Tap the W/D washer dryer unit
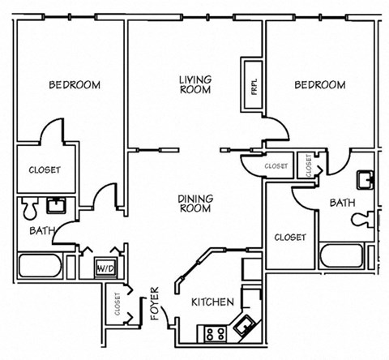pyautogui.click(x=105, y=267)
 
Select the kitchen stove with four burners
pyautogui.click(x=214, y=332)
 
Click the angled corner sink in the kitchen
pyautogui.click(x=242, y=328)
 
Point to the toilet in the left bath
pyautogui.click(x=28, y=209)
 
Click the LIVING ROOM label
pyautogui.click(x=195, y=84)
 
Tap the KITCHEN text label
pyautogui.click(x=212, y=302)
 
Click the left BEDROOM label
pyautogui.click(x=74, y=84)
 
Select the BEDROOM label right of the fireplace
pyautogui.click(x=319, y=84)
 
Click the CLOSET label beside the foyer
pyautogui.click(x=118, y=305)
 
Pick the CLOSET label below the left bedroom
pyautogui.click(x=45, y=169)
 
